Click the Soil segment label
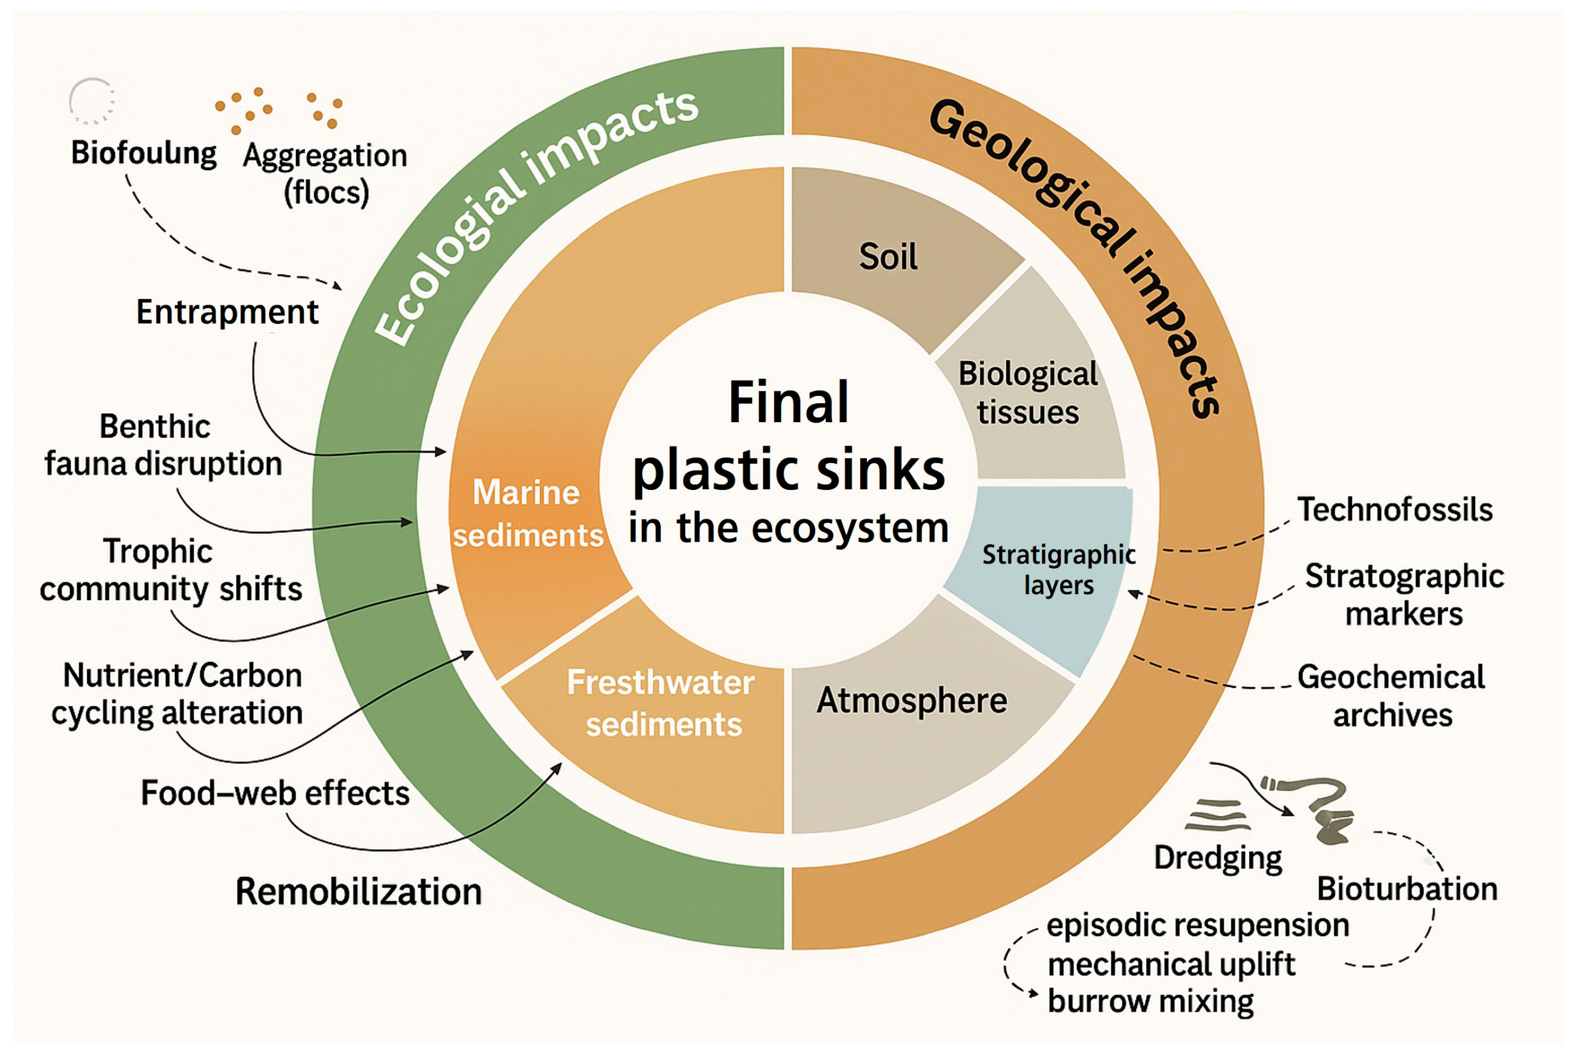click(x=887, y=256)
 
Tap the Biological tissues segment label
click(x=1027, y=393)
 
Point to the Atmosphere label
click(x=911, y=701)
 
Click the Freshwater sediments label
click(x=661, y=704)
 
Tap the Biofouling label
click(x=144, y=153)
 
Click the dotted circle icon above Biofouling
click(x=92, y=101)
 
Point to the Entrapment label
click(x=227, y=312)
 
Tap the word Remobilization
click(x=358, y=892)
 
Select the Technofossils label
click(x=1394, y=510)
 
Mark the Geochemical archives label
click(x=1391, y=696)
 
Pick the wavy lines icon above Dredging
click(x=1216, y=815)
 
